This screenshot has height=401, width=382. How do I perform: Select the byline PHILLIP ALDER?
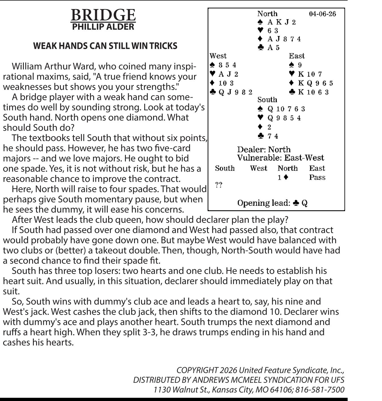click(103, 27)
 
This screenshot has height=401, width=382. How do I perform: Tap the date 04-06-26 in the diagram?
click(322, 14)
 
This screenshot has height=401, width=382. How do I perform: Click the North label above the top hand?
click(267, 14)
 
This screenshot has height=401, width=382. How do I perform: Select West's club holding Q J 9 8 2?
click(235, 92)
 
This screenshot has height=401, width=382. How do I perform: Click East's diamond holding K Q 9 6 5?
click(315, 83)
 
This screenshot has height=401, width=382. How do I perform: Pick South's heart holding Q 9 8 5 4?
click(284, 118)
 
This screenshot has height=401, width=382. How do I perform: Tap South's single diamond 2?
click(269, 127)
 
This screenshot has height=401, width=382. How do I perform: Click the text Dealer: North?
click(264, 149)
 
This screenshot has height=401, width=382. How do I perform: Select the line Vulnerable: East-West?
click(280, 158)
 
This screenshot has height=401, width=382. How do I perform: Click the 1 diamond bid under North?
click(283, 178)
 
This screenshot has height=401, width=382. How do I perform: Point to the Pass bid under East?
click(317, 178)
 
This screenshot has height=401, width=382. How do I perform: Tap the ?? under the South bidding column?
click(219, 185)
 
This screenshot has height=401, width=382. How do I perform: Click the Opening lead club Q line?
click(272, 203)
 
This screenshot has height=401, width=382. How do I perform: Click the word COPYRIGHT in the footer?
click(197, 370)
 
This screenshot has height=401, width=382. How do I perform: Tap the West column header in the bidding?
click(258, 168)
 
